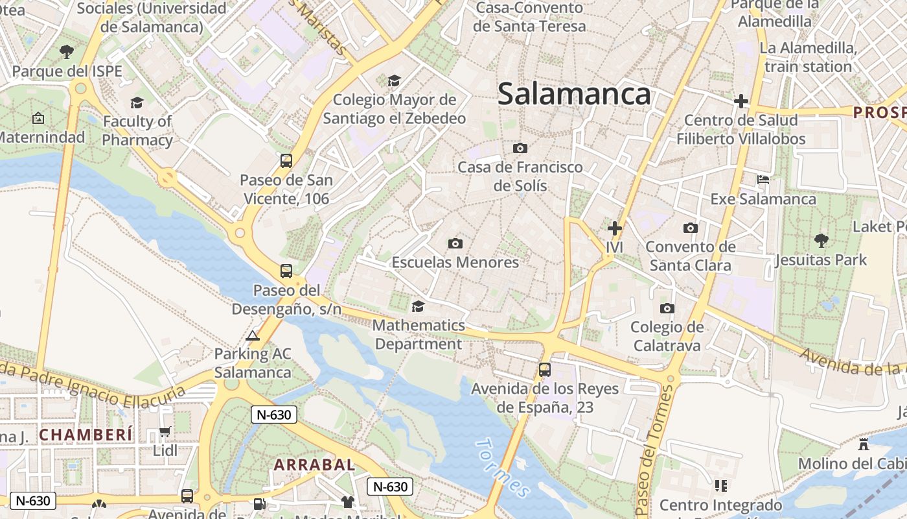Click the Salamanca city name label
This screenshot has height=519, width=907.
click(574, 94)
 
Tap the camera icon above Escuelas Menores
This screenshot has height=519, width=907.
click(455, 243)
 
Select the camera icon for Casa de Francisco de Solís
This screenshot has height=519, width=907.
click(520, 148)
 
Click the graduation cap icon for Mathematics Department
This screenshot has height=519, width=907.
click(419, 306)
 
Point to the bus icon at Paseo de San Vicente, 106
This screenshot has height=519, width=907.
click(286, 160)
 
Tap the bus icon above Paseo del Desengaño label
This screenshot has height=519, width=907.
click(286, 271)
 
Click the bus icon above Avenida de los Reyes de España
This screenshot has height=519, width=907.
click(545, 369)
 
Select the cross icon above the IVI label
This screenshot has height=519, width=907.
click(614, 228)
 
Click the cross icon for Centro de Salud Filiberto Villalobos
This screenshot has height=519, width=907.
click(741, 101)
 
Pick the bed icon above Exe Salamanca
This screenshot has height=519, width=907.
click(763, 180)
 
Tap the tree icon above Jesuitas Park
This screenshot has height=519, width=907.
click(821, 241)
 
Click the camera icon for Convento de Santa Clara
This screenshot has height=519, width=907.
click(691, 228)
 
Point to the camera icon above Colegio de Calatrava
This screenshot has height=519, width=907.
click(667, 308)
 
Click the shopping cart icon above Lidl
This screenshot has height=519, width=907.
click(165, 431)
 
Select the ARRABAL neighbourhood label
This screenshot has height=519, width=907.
click(314, 465)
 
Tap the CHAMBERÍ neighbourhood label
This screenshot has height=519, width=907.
click(86, 434)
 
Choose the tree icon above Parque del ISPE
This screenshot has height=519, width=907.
click(67, 51)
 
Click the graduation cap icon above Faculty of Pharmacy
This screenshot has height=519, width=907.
click(137, 103)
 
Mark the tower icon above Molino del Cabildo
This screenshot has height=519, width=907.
click(863, 444)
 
